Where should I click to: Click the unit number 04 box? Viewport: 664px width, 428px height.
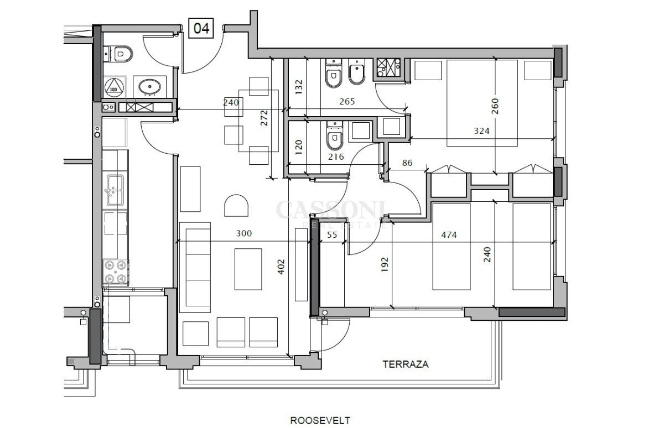201,28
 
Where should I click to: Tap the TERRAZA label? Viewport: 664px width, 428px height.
405,364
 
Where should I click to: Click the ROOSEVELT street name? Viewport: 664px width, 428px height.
320,421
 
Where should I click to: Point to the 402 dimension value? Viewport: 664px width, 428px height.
281,267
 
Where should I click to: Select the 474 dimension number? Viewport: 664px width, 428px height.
449,235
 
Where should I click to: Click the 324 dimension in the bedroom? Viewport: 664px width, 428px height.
482,131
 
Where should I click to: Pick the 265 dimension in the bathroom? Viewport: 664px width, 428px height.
347,102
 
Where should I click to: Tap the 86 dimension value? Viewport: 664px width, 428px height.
407,163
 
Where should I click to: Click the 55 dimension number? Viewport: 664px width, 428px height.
332,235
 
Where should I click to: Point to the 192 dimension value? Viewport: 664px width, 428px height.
385,264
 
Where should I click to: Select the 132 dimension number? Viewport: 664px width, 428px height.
299,87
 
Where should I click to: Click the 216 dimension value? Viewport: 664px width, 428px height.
336,156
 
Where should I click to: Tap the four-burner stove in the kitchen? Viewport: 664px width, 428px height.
115,272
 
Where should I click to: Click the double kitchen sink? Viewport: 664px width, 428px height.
115,190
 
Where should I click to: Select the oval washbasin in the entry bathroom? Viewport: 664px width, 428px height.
150,87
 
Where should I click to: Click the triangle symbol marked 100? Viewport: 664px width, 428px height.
113,87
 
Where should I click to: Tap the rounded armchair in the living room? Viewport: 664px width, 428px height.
236,206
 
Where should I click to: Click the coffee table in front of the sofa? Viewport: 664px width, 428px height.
248,269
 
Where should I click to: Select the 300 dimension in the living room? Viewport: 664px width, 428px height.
243,233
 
